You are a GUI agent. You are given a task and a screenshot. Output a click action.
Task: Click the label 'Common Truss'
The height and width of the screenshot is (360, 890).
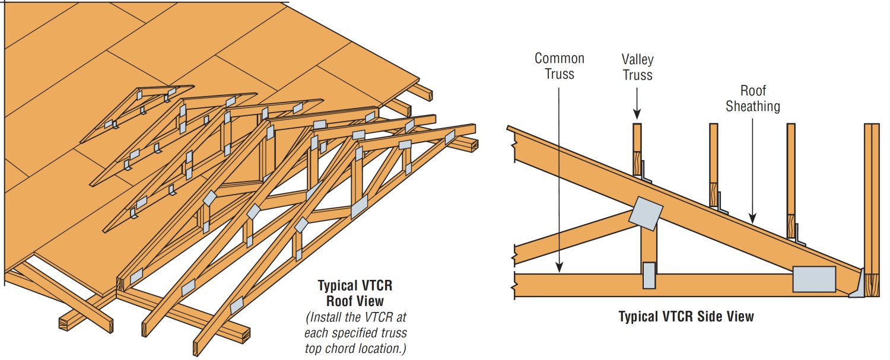(559, 66)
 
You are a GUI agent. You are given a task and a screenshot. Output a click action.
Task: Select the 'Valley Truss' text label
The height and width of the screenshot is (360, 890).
(637, 67)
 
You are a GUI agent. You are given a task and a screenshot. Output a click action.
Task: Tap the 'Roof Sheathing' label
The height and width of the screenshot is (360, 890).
(753, 98)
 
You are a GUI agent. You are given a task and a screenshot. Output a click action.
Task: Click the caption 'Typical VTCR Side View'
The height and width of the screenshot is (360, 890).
(686, 316)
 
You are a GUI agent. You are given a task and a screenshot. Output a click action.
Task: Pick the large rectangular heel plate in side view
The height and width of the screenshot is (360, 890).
(814, 279)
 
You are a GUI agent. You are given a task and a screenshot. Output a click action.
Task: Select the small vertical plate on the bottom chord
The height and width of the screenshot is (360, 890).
(649, 275)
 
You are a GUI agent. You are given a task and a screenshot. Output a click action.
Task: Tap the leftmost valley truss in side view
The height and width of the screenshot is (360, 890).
(637, 148)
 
